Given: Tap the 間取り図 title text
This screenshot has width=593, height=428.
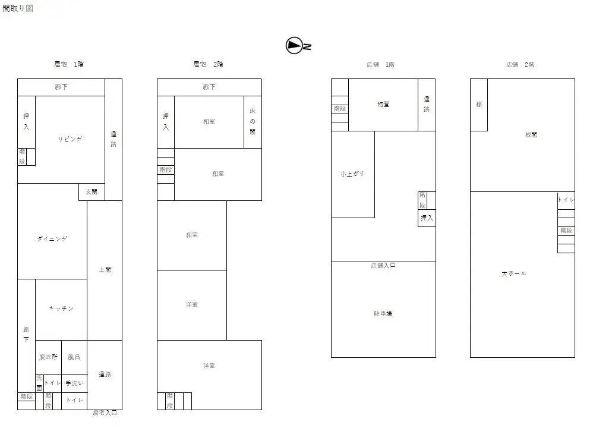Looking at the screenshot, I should [x=17, y=8].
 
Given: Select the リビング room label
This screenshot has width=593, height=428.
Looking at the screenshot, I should [x=70, y=139].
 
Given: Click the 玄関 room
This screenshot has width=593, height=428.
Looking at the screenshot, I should [x=92, y=192].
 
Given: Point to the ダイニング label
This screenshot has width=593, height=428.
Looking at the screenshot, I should [x=52, y=239].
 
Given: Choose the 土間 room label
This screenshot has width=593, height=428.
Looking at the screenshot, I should [x=105, y=270].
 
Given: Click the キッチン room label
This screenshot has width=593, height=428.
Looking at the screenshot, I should [x=61, y=309].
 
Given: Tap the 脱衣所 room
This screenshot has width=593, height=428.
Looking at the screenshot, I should [x=48, y=357].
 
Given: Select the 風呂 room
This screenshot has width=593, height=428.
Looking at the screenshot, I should [x=74, y=357].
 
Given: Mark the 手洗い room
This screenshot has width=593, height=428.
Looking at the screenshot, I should [x=74, y=383].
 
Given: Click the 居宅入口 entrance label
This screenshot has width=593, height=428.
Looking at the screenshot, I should [x=105, y=413].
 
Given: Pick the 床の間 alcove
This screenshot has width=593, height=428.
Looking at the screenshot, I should [x=253, y=122].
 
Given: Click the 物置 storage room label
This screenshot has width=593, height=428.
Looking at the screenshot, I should [x=383, y=105].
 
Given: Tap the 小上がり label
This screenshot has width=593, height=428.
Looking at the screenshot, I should [x=352, y=174].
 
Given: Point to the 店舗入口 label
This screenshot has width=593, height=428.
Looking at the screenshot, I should [x=383, y=266].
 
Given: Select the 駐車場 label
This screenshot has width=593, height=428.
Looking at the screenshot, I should [x=383, y=313].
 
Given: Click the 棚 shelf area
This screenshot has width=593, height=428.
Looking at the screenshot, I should [x=479, y=105].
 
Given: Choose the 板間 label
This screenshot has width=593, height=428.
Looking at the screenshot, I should [x=531, y=135].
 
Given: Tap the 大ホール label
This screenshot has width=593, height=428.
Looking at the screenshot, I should [x=513, y=274].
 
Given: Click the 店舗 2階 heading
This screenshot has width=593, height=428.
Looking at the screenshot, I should [x=520, y=64].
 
